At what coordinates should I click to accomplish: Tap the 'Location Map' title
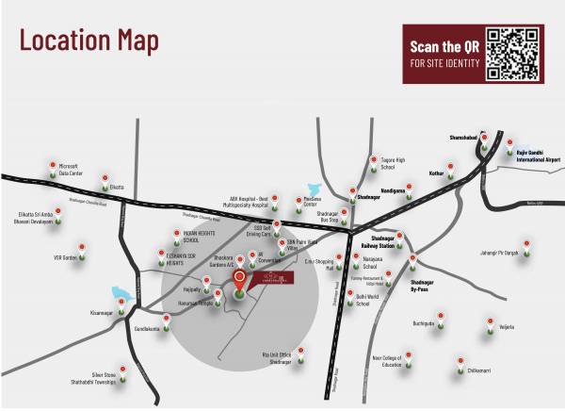pos(89,41)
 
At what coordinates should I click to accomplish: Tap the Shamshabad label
pos(465,138)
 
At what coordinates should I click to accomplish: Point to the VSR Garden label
pos(65,256)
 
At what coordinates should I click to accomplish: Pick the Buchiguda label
pos(424,322)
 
